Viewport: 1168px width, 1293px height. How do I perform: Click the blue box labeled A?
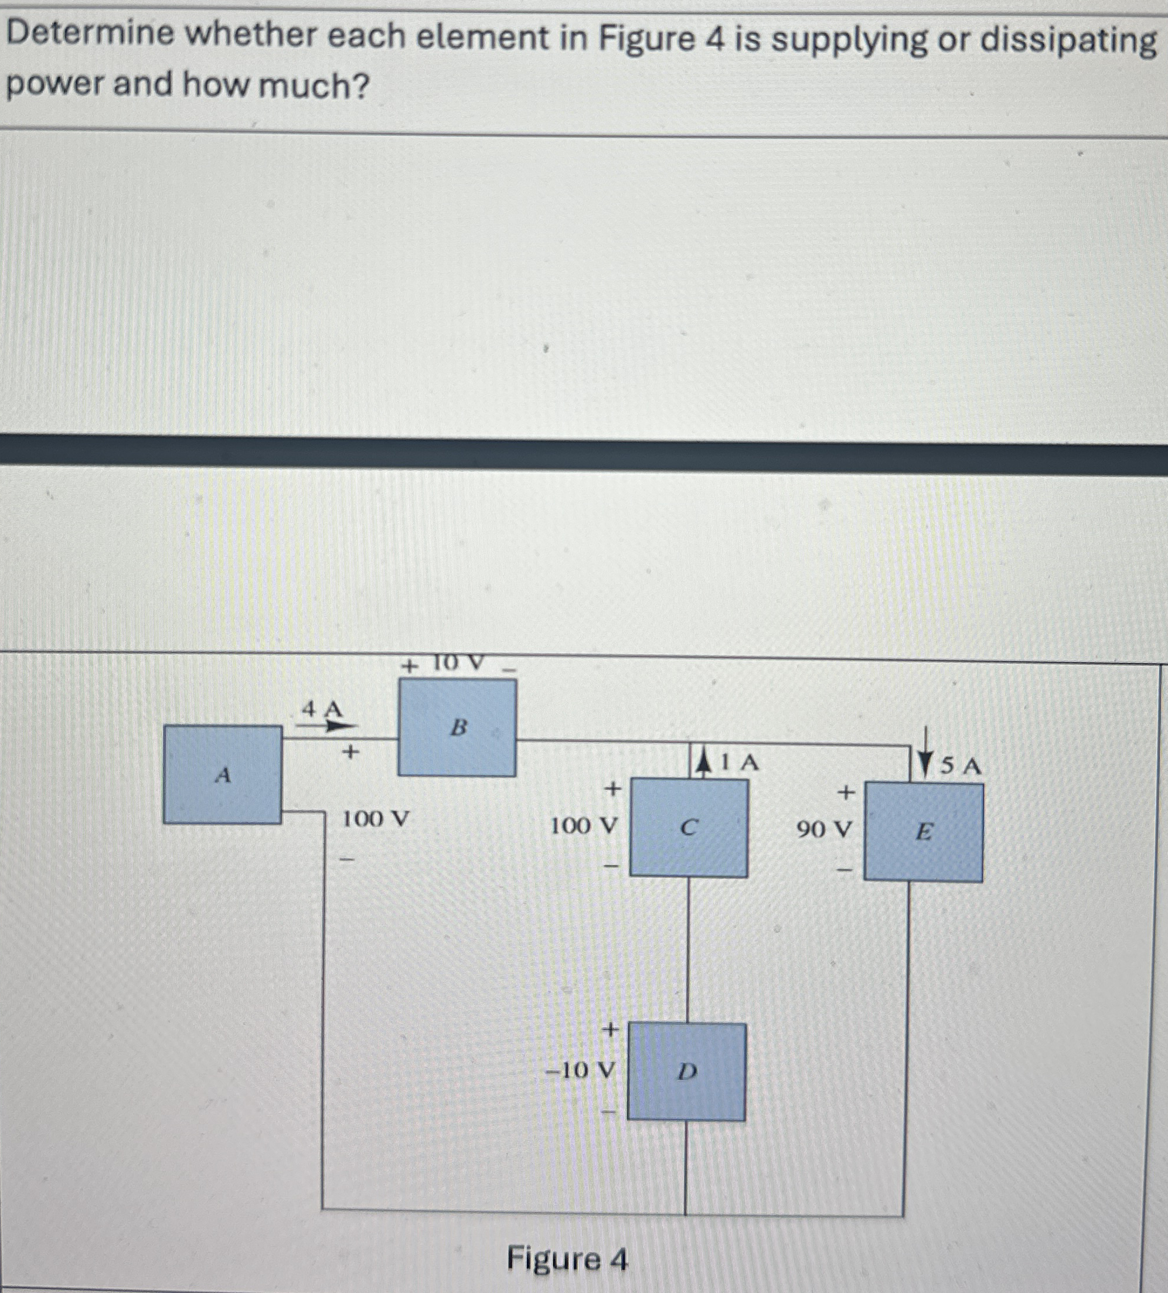(222, 774)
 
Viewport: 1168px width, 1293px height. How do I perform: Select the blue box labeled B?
(457, 727)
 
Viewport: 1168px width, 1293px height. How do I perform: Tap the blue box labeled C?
(688, 828)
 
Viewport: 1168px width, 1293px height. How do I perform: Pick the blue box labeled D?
(686, 1071)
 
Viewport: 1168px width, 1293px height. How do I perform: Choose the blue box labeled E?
(923, 832)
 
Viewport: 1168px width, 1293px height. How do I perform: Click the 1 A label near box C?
(739, 763)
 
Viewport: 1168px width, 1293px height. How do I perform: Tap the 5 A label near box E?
(961, 766)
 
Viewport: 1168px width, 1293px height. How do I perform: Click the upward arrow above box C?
(704, 764)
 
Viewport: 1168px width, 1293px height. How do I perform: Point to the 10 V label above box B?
(457, 663)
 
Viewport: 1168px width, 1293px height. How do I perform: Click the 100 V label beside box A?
(375, 819)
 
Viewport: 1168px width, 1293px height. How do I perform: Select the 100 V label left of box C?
(584, 826)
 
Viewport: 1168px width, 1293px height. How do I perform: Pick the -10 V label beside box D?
(579, 1070)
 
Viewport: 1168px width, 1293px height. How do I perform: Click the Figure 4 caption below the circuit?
(567, 1258)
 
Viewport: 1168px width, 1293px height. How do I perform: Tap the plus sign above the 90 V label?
(846, 794)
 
